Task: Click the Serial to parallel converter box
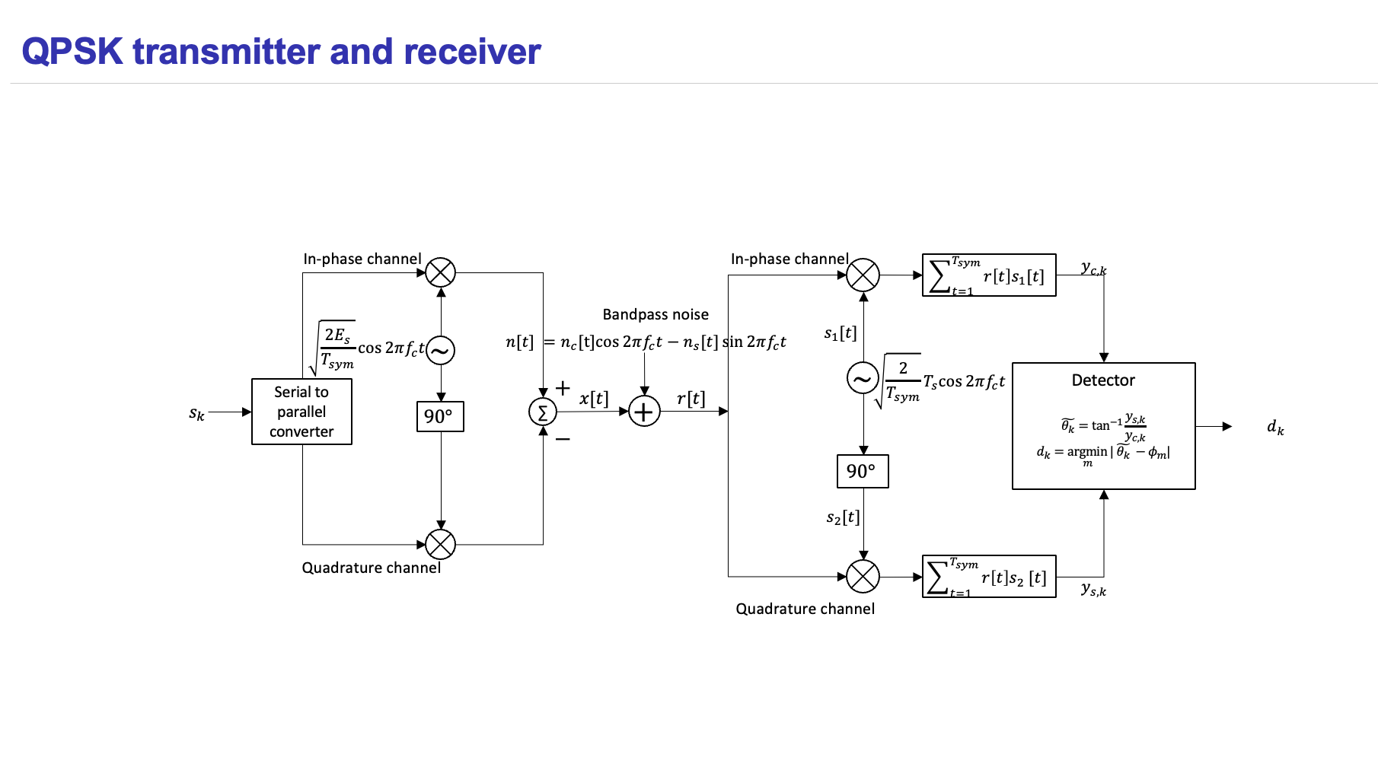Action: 301,412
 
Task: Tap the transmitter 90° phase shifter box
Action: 440,416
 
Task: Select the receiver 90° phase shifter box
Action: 862,471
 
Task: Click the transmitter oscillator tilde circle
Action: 440,351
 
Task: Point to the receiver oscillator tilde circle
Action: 863,378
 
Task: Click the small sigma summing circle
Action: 543,412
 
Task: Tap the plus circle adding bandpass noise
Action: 644,412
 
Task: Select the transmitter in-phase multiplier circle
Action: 440,272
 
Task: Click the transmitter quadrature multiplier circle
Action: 440,544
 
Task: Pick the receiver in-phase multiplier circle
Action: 863,275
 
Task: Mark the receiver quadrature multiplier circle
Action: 863,577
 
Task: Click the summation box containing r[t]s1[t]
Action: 988,275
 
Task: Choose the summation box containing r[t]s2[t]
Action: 988,577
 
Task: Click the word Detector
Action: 1103,380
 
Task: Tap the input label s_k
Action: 196,413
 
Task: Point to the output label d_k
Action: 1275,427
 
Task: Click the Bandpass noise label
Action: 656,314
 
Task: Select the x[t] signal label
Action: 594,399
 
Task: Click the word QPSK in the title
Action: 72,52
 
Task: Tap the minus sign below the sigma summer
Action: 563,439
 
